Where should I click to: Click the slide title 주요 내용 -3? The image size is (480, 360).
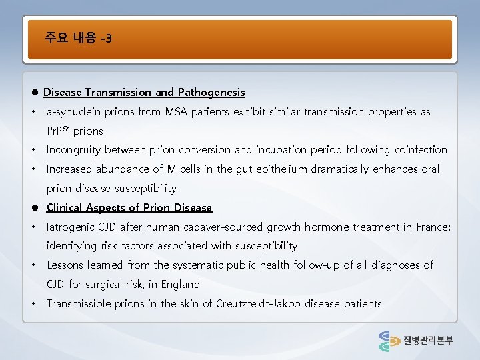tap(79, 38)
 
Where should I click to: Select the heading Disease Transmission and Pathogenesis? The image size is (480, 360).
tap(144, 93)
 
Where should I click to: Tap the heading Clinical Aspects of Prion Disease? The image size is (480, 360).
tap(129, 208)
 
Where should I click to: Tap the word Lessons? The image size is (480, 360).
tap(65, 265)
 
